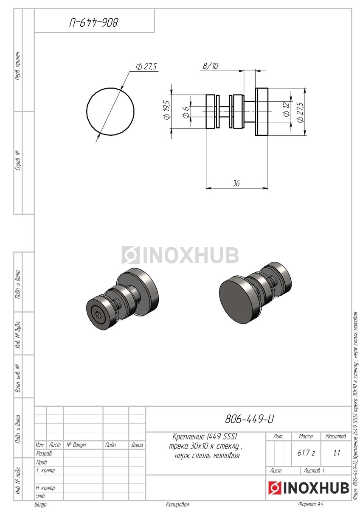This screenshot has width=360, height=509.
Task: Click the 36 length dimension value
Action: click(x=236, y=183)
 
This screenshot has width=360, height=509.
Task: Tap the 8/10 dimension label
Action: click(x=211, y=66)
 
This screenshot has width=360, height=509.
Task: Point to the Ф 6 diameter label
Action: click(x=186, y=112)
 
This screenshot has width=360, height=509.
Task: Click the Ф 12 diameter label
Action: click(x=287, y=109)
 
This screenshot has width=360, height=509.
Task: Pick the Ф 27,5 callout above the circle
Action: click(x=146, y=67)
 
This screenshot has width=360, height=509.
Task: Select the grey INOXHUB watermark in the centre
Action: click(x=180, y=255)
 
